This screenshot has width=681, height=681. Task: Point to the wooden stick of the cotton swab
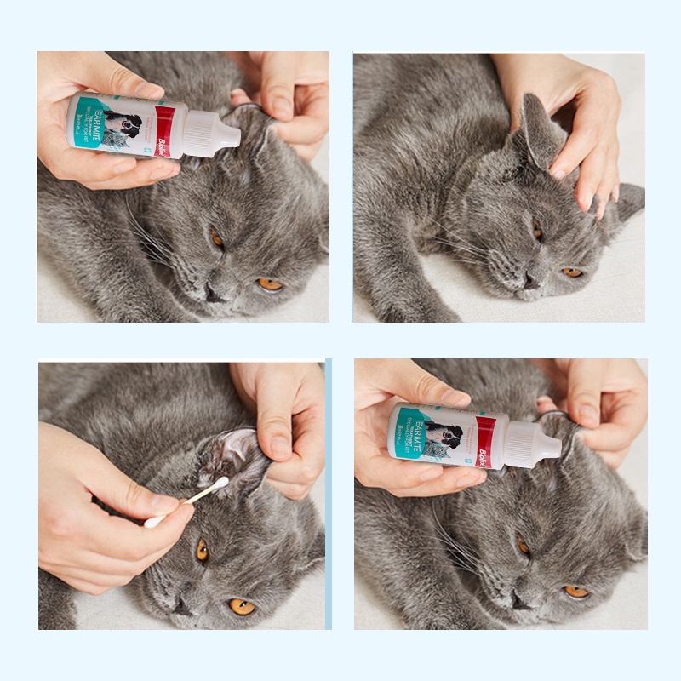tap(187, 502)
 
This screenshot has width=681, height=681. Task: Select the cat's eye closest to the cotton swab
tap(202, 551)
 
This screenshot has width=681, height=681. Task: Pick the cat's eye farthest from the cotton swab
tap(241, 606)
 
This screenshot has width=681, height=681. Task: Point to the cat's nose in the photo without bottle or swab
tap(529, 282)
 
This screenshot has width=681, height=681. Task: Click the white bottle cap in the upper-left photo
tap(212, 131)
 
